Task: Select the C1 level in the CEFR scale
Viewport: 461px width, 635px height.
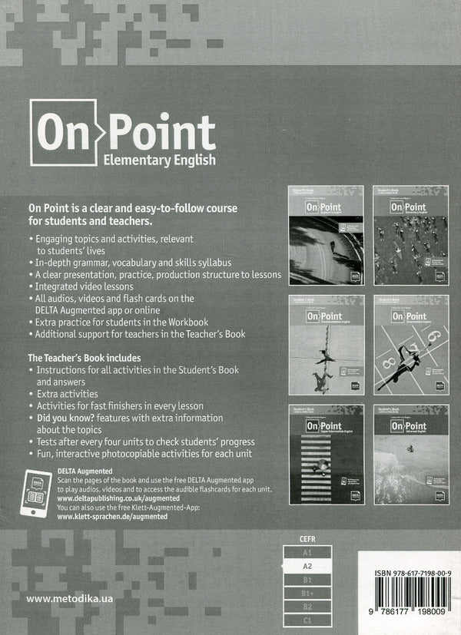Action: coord(307,619)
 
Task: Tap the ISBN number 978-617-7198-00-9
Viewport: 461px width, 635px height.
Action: coord(412,574)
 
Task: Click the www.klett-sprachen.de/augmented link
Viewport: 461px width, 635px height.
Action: coord(112,518)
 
